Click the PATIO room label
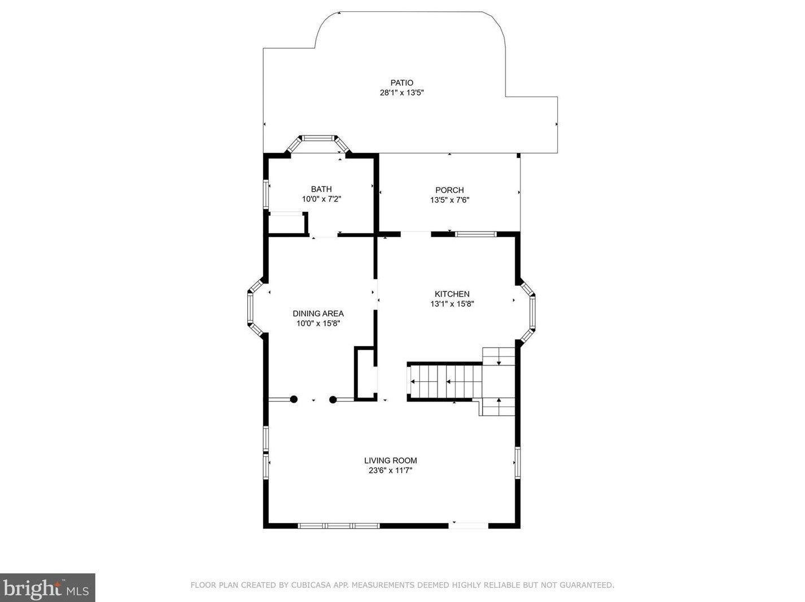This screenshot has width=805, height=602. (401, 83)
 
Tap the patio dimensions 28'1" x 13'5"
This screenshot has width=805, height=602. (401, 93)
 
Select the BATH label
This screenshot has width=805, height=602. (321, 189)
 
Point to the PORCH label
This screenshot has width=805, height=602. (449, 190)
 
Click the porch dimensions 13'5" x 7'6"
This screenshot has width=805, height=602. (449, 200)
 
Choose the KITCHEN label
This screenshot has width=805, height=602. (452, 294)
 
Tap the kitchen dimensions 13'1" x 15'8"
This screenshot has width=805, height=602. (452, 304)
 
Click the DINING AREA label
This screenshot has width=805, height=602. (318, 313)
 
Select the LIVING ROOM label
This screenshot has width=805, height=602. (391, 461)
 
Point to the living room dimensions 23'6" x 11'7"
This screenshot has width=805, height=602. (391, 470)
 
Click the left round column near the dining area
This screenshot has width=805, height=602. (294, 399)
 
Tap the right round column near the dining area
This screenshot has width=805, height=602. (333, 400)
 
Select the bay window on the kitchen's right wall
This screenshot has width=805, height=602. (528, 312)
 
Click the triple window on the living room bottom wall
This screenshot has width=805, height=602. (339, 526)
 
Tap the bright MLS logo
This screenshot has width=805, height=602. (47, 588)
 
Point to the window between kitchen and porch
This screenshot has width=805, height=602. (476, 234)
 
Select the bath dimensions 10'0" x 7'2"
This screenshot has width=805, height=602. (322, 199)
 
